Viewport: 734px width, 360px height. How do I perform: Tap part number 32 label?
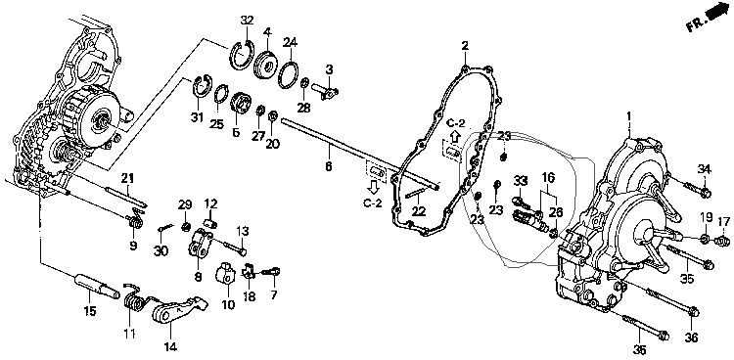point(247,21)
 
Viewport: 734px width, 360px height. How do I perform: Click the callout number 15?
point(89,311)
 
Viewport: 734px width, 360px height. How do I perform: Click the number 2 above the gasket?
point(464,46)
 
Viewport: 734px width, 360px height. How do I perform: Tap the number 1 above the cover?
point(629,115)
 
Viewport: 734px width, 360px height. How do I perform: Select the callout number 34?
point(704,169)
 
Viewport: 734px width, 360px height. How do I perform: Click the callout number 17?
point(723,220)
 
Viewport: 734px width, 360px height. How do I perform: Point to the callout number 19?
point(706,217)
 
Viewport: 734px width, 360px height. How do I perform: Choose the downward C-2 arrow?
point(373,187)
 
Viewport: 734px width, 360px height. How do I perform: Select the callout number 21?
point(127,178)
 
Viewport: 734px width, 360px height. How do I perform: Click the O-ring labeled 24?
point(291,74)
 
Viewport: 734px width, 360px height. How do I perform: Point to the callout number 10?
point(228,305)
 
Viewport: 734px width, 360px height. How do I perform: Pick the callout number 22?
point(419,211)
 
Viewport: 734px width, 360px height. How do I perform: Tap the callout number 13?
point(243,231)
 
